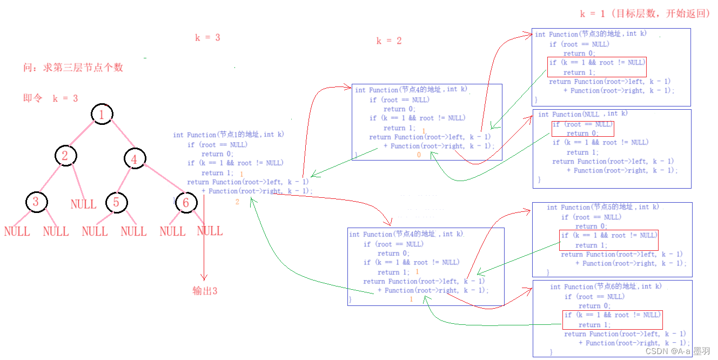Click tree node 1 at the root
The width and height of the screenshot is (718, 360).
102,114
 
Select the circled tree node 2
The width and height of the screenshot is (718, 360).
65,156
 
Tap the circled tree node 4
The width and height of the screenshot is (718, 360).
134,159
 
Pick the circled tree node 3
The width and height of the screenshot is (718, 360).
36,202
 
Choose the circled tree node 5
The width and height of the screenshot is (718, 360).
116,203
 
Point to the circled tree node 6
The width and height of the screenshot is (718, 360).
186,203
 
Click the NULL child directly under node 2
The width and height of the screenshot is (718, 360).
83,204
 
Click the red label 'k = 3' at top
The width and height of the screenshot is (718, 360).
207,38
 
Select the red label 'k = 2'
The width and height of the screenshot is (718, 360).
389,41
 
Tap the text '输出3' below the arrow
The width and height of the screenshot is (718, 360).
205,291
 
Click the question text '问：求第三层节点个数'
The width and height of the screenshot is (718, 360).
73,68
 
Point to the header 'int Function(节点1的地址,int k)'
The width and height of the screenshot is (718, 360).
229,135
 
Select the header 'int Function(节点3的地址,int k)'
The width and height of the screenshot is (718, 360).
590,34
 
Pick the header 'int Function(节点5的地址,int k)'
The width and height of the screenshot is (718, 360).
602,207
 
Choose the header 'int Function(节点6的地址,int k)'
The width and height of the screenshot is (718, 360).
606,286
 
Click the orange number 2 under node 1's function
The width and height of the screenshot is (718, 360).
237,202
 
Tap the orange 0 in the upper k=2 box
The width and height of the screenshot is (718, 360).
419,155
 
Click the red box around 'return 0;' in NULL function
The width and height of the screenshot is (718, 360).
582,129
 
